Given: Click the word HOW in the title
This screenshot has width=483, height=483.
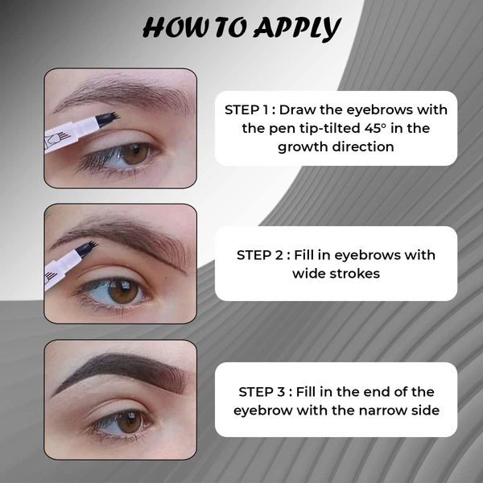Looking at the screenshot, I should (171, 28).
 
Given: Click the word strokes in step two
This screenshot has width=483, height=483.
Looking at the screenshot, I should (360, 274).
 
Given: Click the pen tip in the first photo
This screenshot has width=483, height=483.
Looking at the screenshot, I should (108, 118).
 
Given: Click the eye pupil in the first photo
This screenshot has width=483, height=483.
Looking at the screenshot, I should (134, 151).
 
